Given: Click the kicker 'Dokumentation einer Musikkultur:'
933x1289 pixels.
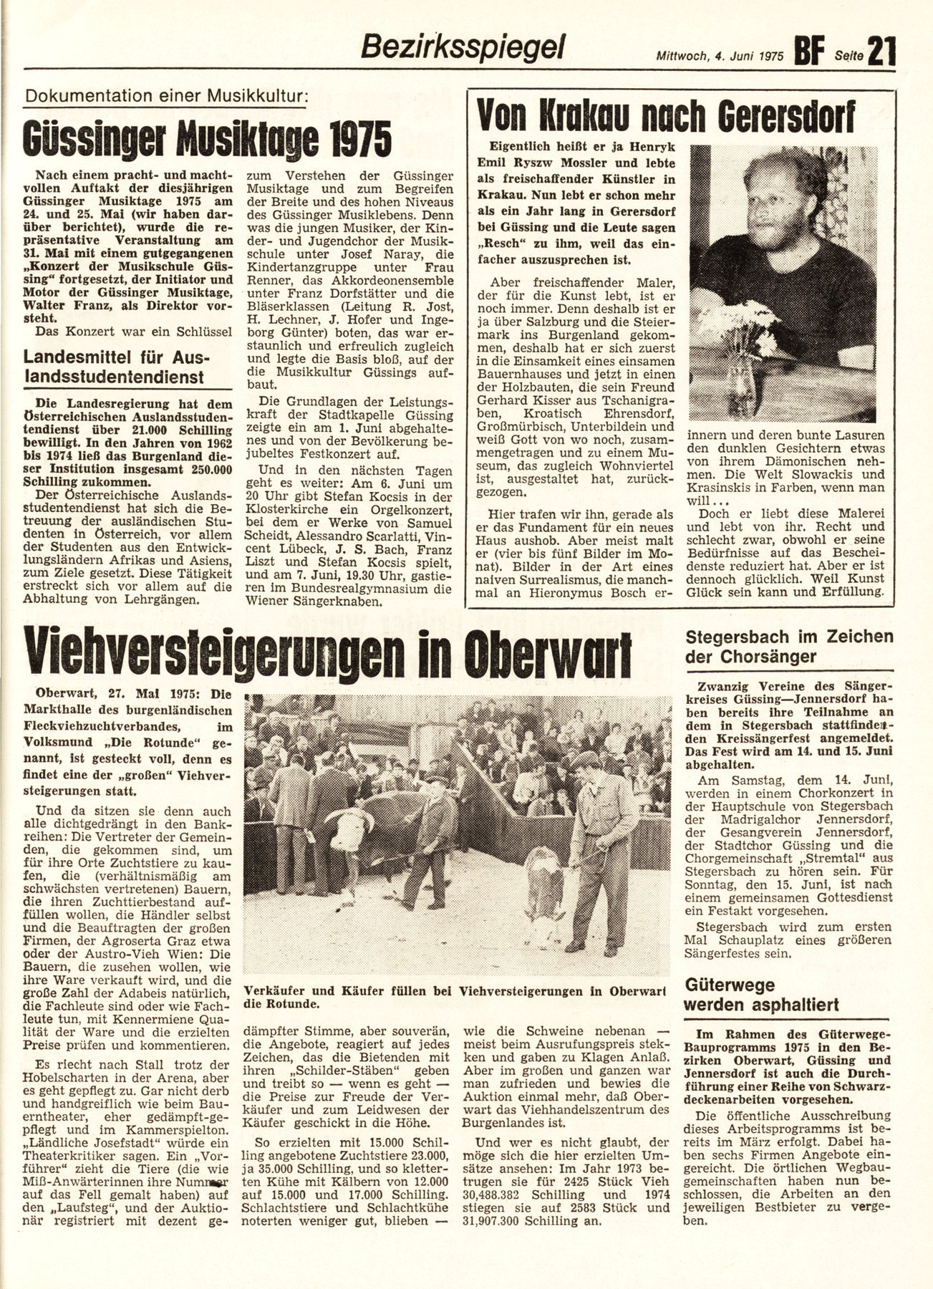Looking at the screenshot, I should tap(163, 96).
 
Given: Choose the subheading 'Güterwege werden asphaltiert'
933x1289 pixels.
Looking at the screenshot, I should tap(761, 994).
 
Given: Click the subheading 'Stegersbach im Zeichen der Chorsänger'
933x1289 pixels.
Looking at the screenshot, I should tap(789, 647).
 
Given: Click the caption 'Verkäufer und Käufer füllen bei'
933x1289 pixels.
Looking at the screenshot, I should tap(347, 991).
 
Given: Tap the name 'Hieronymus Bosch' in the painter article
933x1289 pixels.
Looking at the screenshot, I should tap(576, 593).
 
